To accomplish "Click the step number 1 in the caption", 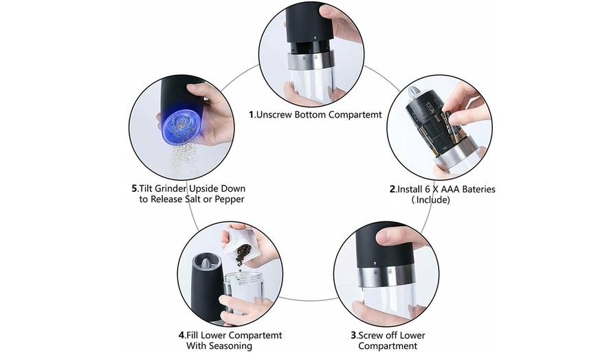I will [x=251, y=115].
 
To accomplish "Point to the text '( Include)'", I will [x=431, y=200].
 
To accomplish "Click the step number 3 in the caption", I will [x=353, y=335].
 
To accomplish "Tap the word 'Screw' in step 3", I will [x=372, y=335].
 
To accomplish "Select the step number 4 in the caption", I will [x=181, y=335].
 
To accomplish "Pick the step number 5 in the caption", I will [x=134, y=188].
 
